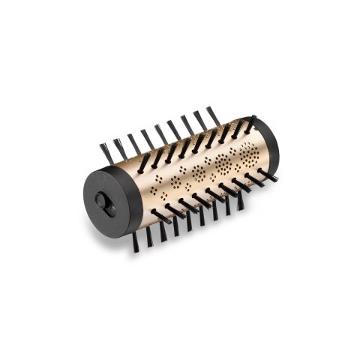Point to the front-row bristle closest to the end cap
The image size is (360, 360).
pos(160,215)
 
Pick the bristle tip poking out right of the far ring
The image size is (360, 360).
pos(271,178)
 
